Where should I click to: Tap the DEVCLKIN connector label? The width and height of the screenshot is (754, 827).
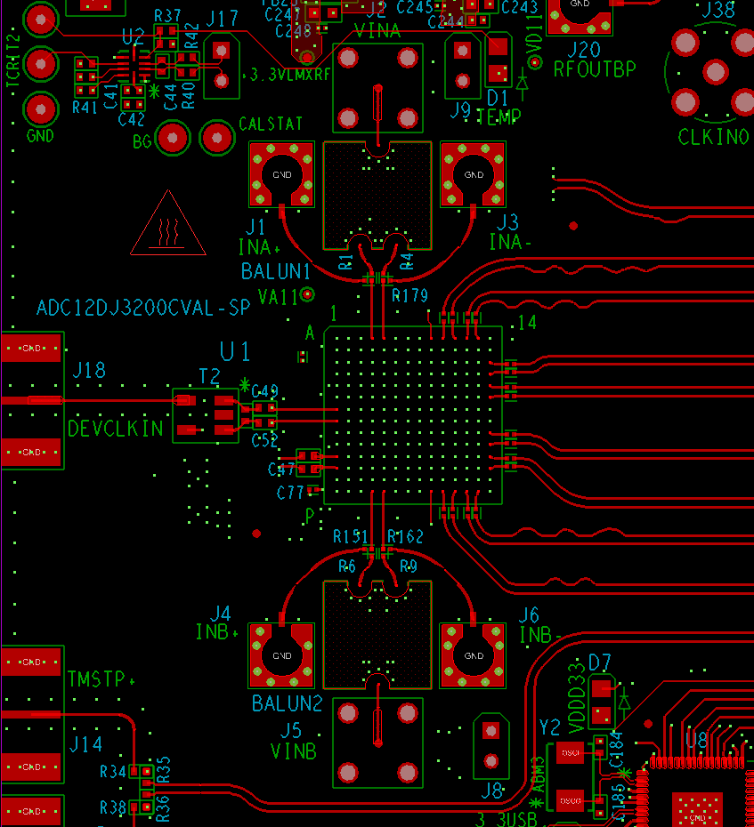coord(116,429)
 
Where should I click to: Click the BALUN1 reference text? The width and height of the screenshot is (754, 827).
coord(276,271)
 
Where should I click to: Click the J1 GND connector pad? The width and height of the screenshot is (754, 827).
coord(282,174)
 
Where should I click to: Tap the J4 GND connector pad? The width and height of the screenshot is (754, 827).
coord(282,655)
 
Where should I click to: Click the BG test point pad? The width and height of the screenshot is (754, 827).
coord(172,138)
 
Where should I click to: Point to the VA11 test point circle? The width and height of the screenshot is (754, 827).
coord(308,293)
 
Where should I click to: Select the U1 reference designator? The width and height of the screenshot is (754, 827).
coord(235,352)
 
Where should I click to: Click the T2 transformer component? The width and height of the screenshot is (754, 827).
coord(206,415)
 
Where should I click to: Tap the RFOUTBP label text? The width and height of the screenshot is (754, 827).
coord(595,68)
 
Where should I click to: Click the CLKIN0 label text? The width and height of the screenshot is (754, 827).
coord(713,137)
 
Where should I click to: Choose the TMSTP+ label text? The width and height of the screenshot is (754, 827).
coord(101,679)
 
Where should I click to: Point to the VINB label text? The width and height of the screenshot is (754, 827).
coord(294,751)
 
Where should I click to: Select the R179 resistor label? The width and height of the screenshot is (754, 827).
coord(409,294)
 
